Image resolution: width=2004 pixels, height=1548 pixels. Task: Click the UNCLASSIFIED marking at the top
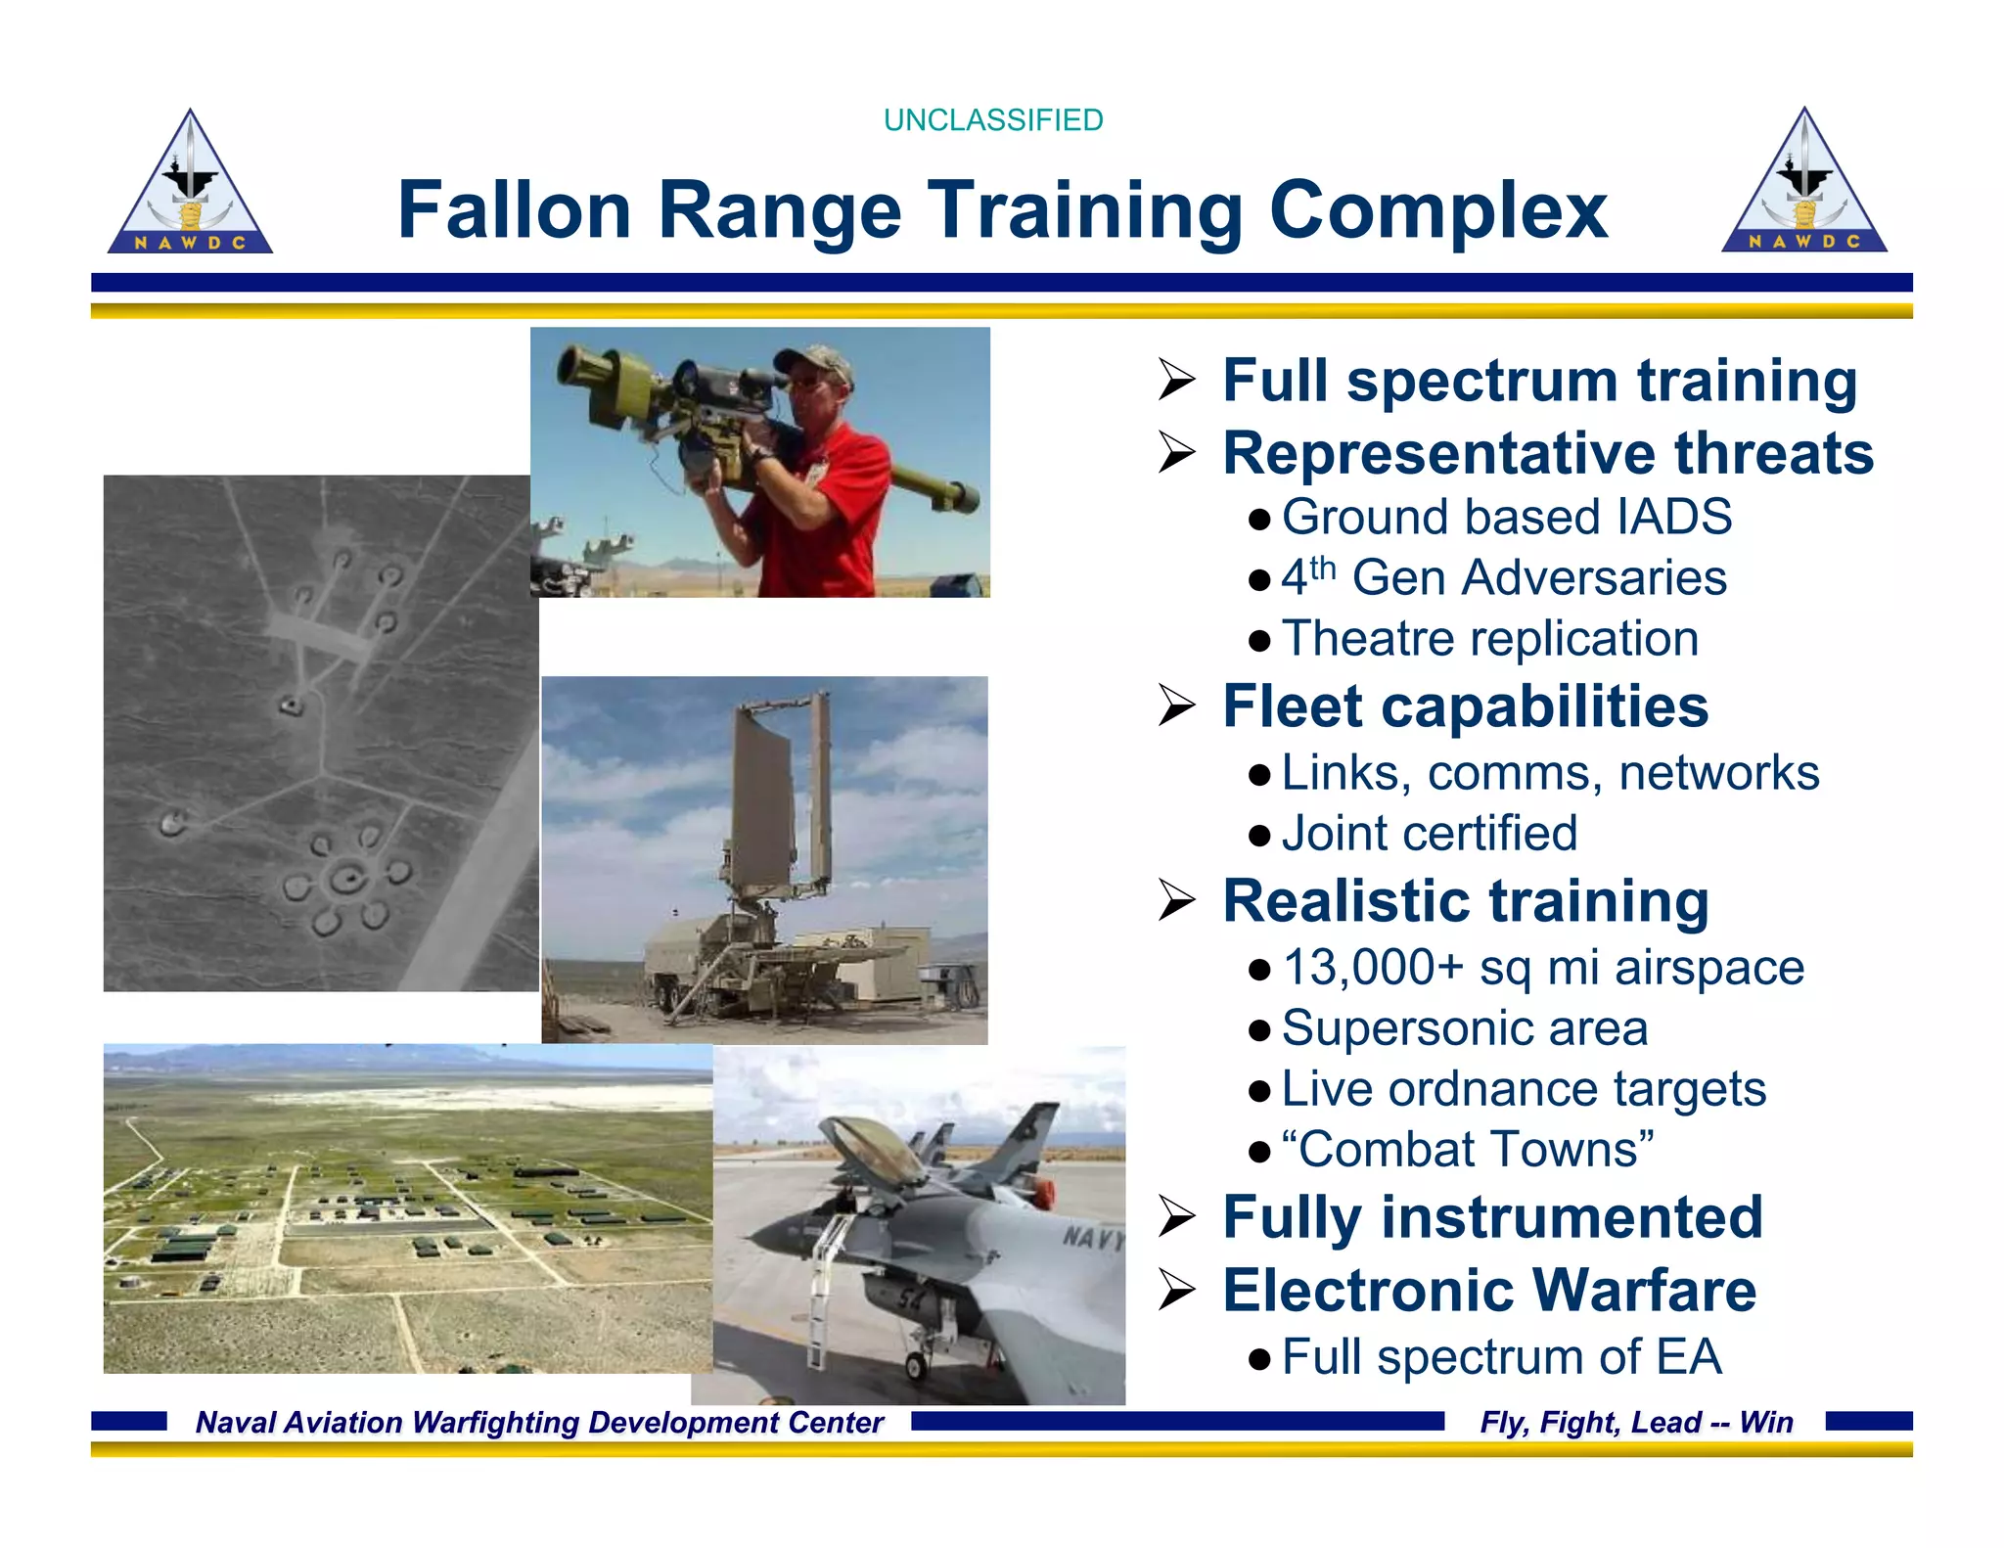click(992, 120)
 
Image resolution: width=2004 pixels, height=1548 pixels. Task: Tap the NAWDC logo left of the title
click(190, 186)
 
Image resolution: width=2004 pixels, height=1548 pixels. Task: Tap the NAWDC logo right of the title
click(1803, 185)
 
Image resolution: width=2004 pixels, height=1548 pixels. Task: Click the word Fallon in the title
click(514, 210)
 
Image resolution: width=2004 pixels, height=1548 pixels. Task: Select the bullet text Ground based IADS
click(1506, 517)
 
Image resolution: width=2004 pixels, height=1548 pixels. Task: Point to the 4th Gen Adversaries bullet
click(1503, 577)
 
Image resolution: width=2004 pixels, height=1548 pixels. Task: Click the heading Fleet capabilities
click(1465, 706)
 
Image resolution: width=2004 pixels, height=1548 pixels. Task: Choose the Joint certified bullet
click(1429, 834)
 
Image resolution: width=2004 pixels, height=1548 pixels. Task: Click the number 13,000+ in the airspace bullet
click(1372, 968)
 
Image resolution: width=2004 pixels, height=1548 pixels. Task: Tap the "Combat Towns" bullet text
click(1467, 1150)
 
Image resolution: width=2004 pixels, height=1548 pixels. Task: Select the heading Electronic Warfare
click(1488, 1291)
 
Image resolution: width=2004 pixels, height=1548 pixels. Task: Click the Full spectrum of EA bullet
click(1501, 1357)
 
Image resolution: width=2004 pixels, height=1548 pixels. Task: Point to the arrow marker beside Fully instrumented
click(1176, 1217)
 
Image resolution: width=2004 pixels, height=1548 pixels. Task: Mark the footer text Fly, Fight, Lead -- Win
click(1636, 1422)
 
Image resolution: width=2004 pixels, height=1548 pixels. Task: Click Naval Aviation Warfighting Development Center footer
click(539, 1422)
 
